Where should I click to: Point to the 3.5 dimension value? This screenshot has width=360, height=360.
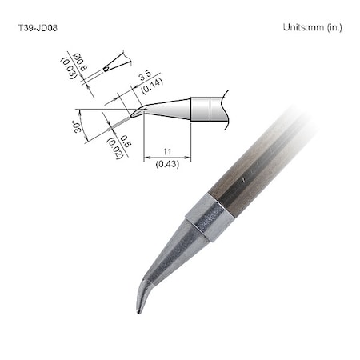[x=144, y=77]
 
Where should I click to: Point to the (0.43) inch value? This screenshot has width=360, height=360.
[x=168, y=164]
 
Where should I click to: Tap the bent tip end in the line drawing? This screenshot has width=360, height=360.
[x=136, y=114]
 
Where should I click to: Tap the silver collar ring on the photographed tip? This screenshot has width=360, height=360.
[x=210, y=217]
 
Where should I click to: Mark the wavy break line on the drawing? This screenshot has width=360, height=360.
[x=229, y=110]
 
